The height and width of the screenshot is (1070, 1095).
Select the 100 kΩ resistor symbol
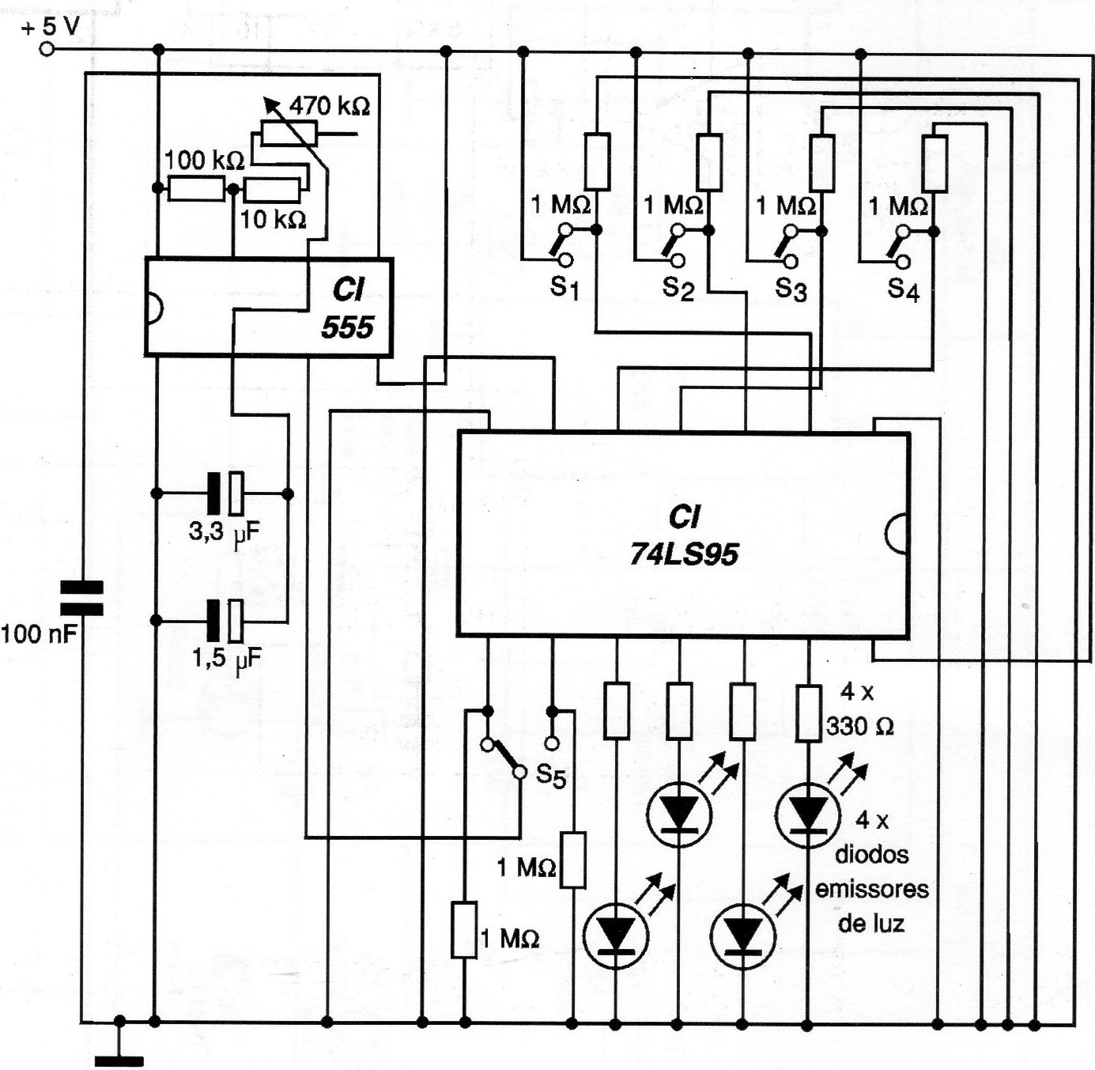click(x=197, y=190)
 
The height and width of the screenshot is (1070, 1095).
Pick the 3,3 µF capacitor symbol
click(x=225, y=494)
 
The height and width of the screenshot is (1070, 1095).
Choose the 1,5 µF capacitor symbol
click(x=225, y=619)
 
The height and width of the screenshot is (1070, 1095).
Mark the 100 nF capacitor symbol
click(x=83, y=599)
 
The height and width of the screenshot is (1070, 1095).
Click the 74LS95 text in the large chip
click(x=684, y=554)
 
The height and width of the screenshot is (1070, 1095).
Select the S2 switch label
click(x=678, y=289)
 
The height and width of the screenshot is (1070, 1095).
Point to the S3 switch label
click(x=791, y=289)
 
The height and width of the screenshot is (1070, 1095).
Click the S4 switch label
click(x=903, y=290)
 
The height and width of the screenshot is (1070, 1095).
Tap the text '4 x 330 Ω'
click(x=859, y=709)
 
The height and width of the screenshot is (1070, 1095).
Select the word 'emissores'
click(x=871, y=889)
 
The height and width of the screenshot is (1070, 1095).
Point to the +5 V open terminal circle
click(x=47, y=49)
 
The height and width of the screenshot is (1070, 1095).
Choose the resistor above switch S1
click(x=597, y=161)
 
